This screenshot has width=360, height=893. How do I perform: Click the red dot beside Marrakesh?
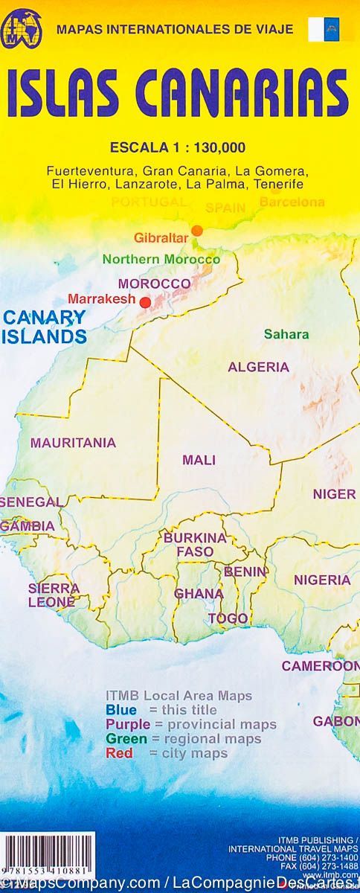pyautogui.click(x=145, y=302)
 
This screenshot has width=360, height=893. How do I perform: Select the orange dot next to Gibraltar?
pyautogui.click(x=197, y=230)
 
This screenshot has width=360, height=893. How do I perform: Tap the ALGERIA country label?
pyautogui.click(x=258, y=367)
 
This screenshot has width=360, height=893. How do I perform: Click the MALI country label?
pyautogui.click(x=199, y=460)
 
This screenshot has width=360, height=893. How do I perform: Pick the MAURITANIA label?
pyautogui.click(x=73, y=443)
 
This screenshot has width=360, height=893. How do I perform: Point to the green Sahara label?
pyautogui.click(x=286, y=334)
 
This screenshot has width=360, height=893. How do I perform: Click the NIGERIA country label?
pyautogui.click(x=321, y=580)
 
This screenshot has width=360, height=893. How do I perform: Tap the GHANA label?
pyautogui.click(x=199, y=594)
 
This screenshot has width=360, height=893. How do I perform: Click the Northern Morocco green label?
pyautogui.click(x=161, y=260)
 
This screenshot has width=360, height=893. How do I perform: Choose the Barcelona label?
pyautogui.click(x=292, y=202)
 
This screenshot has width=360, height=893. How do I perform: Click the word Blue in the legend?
pyautogui.click(x=121, y=710)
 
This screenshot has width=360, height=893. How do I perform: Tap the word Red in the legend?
pyautogui.click(x=119, y=753)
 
